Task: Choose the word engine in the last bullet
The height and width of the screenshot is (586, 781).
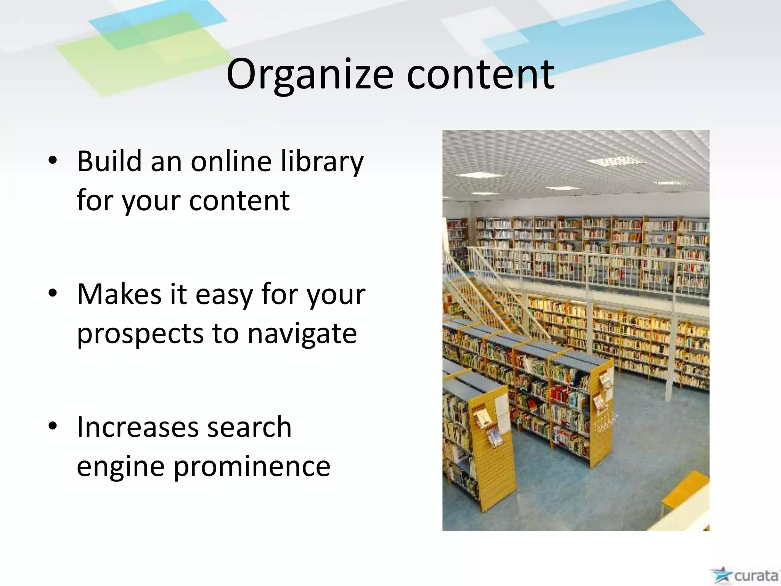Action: [121, 467]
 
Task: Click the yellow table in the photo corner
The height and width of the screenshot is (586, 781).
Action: [685, 492]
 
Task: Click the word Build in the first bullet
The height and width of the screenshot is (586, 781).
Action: [109, 161]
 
